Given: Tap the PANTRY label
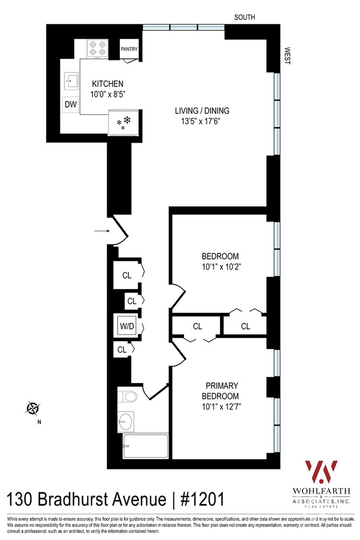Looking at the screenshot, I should pyautogui.click(x=129, y=49).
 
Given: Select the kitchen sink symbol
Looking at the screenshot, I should pyautogui.click(x=71, y=81).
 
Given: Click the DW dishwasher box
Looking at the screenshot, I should pyautogui.click(x=70, y=104).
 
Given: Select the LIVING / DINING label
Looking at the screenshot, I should pyautogui.click(x=202, y=111).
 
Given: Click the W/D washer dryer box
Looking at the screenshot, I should pyautogui.click(x=127, y=326).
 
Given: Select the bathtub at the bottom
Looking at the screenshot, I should pyautogui.click(x=145, y=446).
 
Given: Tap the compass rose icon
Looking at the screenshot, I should pyautogui.click(x=33, y=408).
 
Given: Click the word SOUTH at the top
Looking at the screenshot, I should pyautogui.click(x=244, y=17).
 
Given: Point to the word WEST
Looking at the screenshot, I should pyautogui.click(x=287, y=56).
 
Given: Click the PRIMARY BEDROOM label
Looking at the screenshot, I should pyautogui.click(x=222, y=391).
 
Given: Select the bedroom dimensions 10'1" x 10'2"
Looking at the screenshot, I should pyautogui.click(x=220, y=266).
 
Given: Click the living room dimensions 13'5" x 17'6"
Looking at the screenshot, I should pyautogui.click(x=202, y=121).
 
